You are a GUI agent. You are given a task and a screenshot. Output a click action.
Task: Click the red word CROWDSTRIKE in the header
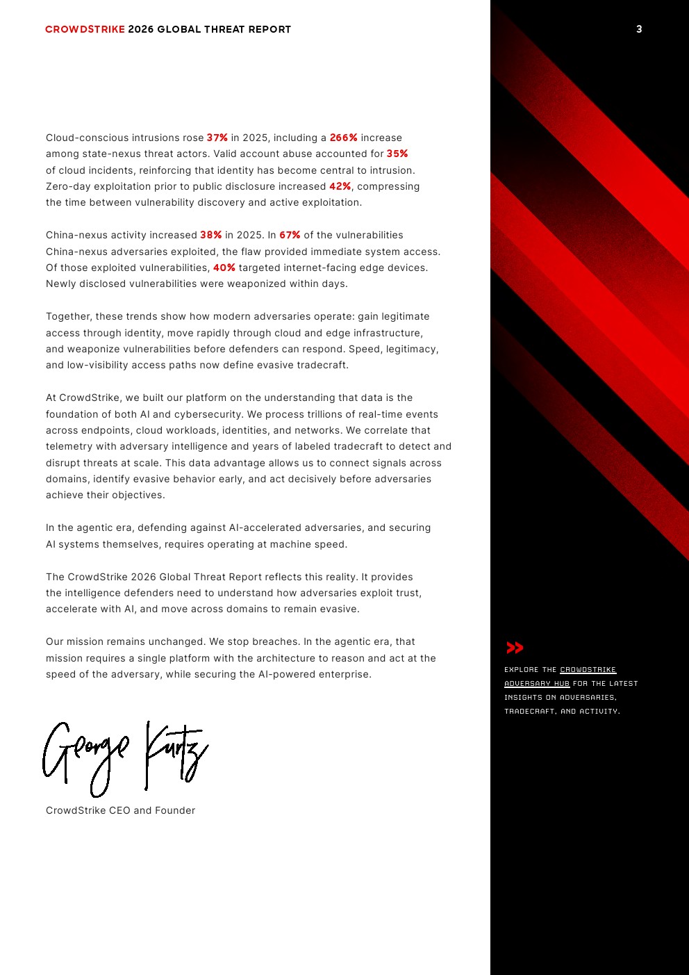pyautogui.click(x=85, y=29)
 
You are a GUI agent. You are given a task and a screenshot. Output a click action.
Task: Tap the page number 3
pyautogui.click(x=639, y=29)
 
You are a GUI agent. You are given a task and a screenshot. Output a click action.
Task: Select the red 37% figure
pyautogui.click(x=217, y=138)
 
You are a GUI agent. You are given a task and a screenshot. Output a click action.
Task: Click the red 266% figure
pyautogui.click(x=343, y=138)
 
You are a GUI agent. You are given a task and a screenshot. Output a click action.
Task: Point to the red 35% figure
pyautogui.click(x=397, y=154)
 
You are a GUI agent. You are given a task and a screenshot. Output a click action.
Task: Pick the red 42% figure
pyautogui.click(x=340, y=186)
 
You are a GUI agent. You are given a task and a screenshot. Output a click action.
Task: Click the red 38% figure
pyautogui.click(x=211, y=235)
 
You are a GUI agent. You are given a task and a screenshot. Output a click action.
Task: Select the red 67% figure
pyautogui.click(x=290, y=235)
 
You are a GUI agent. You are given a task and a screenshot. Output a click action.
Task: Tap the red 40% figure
pyautogui.click(x=224, y=268)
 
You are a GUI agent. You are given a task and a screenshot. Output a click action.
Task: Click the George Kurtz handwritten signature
pyautogui.click(x=125, y=756)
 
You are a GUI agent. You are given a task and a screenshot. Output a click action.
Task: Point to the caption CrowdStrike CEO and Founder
pyautogui.click(x=120, y=810)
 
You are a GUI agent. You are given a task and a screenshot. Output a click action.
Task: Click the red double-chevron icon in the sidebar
pyautogui.click(x=515, y=648)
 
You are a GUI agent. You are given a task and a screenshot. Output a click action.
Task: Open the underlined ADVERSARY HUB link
pyautogui.click(x=537, y=683)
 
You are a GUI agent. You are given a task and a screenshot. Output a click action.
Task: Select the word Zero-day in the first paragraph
pyautogui.click(x=67, y=186)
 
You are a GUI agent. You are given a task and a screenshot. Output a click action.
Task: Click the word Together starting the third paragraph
pyautogui.click(x=69, y=316)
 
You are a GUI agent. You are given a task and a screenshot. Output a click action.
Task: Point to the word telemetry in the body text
pyautogui.click(x=68, y=446)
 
